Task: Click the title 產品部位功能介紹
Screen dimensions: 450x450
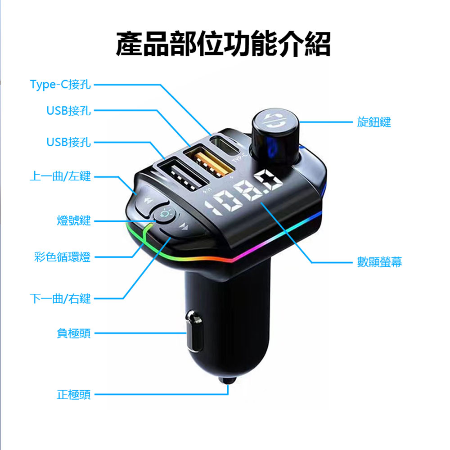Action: [224, 44]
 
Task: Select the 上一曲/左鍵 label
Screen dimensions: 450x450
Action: [60, 176]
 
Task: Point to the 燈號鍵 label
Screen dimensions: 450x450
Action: [74, 220]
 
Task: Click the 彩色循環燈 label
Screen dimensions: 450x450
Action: [63, 257]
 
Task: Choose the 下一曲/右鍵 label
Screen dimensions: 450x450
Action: [60, 298]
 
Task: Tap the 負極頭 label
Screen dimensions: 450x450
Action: [74, 333]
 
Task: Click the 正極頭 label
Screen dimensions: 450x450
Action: [74, 395]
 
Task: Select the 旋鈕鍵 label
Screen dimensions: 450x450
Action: [374, 122]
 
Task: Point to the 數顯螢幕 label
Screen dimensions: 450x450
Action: [379, 262]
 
